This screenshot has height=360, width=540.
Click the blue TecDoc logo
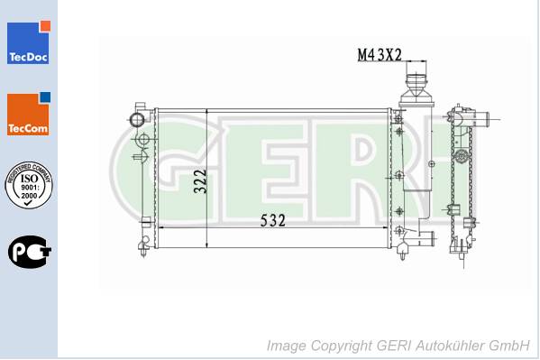[28, 42]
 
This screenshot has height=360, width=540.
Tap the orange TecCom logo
[28, 114]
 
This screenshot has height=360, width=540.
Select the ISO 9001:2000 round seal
[29, 185]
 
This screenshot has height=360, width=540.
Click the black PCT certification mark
[29, 252]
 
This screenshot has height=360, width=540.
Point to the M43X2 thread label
[380, 55]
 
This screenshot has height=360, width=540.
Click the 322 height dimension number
[200, 181]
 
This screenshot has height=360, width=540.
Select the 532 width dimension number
[273, 220]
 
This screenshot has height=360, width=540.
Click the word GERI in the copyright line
[394, 346]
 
